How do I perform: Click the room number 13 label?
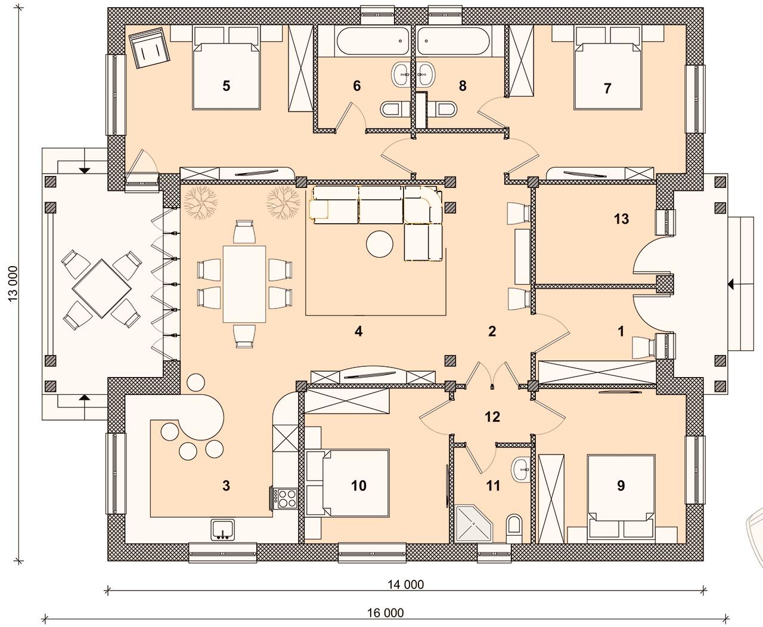(x=621, y=219)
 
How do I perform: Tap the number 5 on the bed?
(x=226, y=86)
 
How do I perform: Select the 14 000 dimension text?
(x=405, y=584)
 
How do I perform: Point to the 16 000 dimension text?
(x=386, y=613)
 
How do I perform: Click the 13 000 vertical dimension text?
(x=13, y=283)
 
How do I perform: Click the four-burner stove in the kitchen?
(x=285, y=499)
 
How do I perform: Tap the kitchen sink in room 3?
(x=223, y=530)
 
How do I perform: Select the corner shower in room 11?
(x=473, y=524)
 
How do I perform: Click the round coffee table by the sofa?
(x=380, y=245)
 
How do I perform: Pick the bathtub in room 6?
(x=373, y=41)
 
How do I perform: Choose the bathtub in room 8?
(x=453, y=41)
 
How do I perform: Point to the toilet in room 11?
(x=514, y=528)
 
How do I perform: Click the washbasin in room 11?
(x=520, y=469)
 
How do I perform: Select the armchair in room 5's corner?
(x=150, y=47)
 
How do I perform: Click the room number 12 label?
(x=492, y=416)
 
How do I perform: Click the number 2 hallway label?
(x=492, y=331)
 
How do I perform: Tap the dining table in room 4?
(x=244, y=284)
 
